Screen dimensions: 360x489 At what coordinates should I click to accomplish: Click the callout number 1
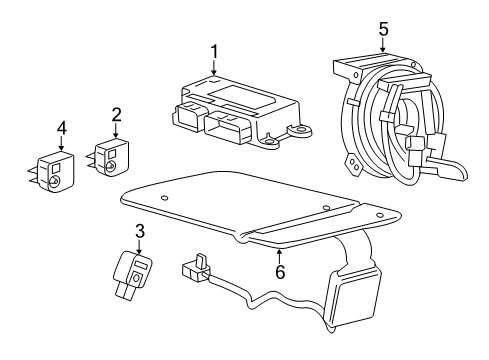pos(213,50)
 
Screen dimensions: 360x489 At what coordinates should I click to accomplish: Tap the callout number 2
pos(116,115)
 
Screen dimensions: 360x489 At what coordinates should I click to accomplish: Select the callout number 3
pos(140,231)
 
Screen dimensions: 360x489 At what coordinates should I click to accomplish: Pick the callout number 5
pos(383,30)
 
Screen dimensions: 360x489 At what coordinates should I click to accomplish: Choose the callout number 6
pos(279,271)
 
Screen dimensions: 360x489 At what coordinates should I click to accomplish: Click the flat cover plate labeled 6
pos(250,205)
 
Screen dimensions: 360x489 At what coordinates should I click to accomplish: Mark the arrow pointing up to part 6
pos(279,252)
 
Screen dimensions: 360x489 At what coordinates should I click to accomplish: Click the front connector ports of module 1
pos(205,123)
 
